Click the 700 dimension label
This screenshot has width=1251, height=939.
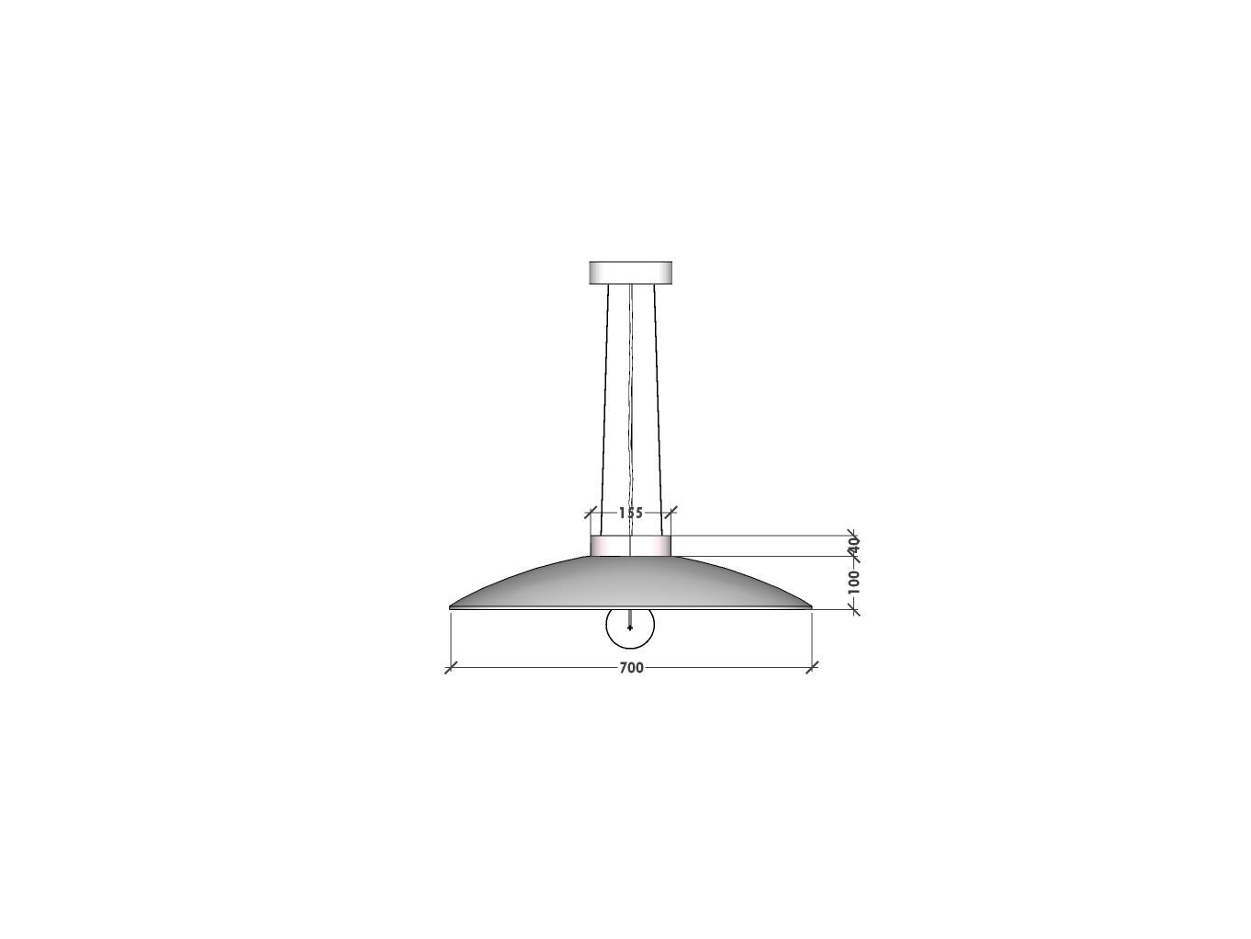pyautogui.click(x=631, y=668)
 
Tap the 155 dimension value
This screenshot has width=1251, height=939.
pyautogui.click(x=631, y=513)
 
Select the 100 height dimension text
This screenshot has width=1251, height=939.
pyautogui.click(x=854, y=582)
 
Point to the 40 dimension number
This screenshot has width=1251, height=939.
pyautogui.click(x=853, y=544)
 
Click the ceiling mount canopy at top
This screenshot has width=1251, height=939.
pyautogui.click(x=630, y=272)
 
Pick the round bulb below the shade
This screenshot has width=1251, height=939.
pyautogui.click(x=630, y=627)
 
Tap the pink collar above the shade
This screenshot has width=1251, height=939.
pyautogui.click(x=630, y=547)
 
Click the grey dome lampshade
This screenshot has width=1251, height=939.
pyautogui.click(x=630, y=583)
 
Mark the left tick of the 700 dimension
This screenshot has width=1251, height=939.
pyautogui.click(x=450, y=668)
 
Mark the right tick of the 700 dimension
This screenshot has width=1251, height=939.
pyautogui.click(x=812, y=668)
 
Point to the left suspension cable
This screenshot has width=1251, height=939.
pyautogui.click(x=604, y=404)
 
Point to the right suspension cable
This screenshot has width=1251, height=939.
pyautogui.click(x=656, y=404)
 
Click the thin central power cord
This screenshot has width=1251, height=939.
pyautogui.click(x=631, y=404)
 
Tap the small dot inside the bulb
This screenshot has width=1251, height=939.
pyautogui.click(x=630, y=628)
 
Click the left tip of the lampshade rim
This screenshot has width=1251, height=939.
pyautogui.click(x=451, y=606)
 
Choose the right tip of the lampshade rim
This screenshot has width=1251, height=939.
pyautogui.click(x=810, y=606)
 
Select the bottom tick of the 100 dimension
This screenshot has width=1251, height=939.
pyautogui.click(x=853, y=608)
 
